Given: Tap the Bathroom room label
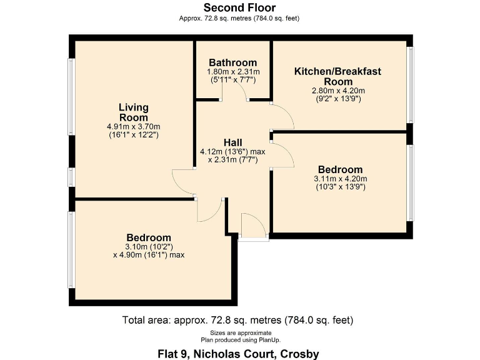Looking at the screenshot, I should pyautogui.click(x=232, y=62).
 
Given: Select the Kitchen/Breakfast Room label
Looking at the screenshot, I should pyautogui.click(x=337, y=76).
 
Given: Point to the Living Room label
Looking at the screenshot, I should pyautogui.click(x=134, y=112).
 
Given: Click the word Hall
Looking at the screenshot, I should pyautogui.click(x=233, y=142).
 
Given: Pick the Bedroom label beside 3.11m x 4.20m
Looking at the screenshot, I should pyautogui.click(x=340, y=169).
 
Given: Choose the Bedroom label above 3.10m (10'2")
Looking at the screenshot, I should pyautogui.click(x=149, y=237).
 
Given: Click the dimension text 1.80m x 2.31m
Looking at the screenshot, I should pyautogui.click(x=232, y=72).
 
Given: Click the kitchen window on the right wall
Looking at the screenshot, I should pyautogui.click(x=411, y=84).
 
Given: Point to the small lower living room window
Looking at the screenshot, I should pyautogui.click(x=71, y=177).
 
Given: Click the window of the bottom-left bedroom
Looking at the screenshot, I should pyautogui.click(x=71, y=249).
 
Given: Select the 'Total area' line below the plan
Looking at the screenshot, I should pyautogui.click(x=238, y=321).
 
